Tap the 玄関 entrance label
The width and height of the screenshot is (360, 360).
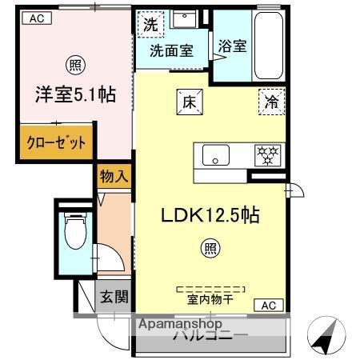click(114, 298)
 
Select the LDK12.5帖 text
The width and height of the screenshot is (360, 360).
click(209, 215)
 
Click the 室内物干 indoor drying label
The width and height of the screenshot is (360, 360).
click(210, 301)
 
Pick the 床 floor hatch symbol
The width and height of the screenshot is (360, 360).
click(187, 102)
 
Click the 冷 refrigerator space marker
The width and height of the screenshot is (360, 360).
click(270, 102)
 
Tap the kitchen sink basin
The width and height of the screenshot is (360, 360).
click(216, 155)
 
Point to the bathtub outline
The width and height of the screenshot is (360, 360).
click(267, 46)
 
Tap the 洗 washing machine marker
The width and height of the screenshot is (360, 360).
click(150, 26)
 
